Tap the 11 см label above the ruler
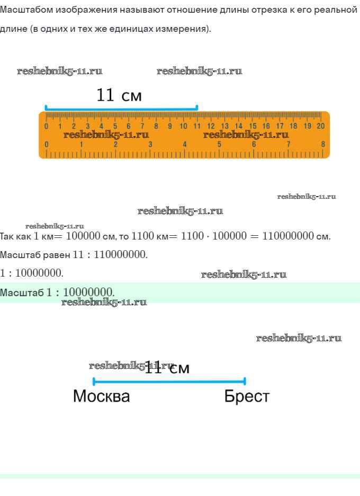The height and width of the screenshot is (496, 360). point(119,95)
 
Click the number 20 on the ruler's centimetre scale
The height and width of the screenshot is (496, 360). point(320,126)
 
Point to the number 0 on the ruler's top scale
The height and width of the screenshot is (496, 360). point(46,126)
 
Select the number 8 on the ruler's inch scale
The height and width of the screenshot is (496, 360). point(323,144)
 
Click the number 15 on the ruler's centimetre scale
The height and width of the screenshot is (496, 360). point(253,126)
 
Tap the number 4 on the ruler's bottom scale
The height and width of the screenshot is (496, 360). point(185,144)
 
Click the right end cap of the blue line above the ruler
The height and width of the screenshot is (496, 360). point(197,108)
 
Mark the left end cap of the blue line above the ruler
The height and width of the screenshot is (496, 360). point(46,108)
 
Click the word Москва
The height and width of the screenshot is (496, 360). point(101,396)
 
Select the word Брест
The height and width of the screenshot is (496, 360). point(247,396)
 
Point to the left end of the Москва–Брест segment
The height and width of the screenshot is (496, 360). point(94,381)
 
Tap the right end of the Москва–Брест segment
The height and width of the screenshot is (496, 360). point(245,381)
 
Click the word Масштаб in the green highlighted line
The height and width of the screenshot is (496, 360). point(22,293)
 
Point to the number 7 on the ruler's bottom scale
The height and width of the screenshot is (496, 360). point(289,144)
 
